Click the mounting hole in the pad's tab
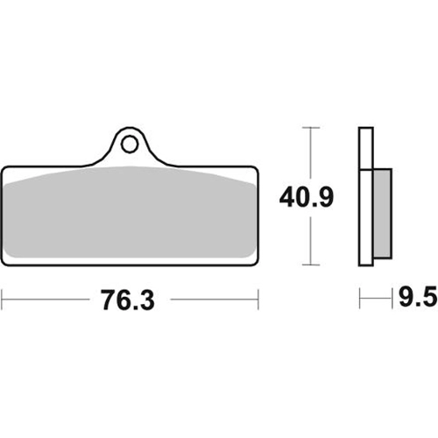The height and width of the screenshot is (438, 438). pos(130,145)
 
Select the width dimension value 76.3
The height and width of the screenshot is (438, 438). pos(128,300)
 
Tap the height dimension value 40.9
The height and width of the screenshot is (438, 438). pos(307,198)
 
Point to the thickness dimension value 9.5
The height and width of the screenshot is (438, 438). pos(418,297)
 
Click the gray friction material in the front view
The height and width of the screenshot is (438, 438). pos(130,213)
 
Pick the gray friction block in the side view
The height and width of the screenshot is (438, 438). pos(382,214)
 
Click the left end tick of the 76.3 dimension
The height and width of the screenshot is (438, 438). pos(2,300)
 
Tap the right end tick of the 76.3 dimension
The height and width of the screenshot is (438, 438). pos(258,300)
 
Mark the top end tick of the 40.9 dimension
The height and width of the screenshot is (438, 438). pos(311,128)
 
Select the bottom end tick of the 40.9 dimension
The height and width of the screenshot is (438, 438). pos(311,265)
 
